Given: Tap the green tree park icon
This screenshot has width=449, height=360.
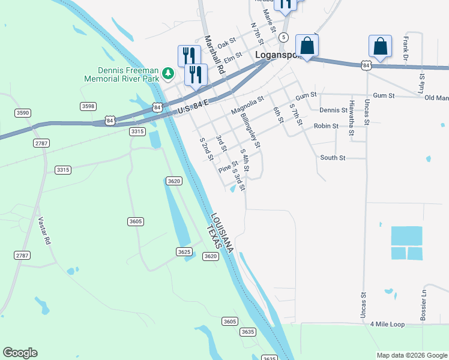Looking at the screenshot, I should click(169, 73).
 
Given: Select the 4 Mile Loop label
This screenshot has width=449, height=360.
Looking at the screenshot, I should click(388, 324).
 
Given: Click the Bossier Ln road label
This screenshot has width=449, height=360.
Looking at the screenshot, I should click(423, 304).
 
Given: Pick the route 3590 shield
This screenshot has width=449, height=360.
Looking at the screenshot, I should click(23, 113).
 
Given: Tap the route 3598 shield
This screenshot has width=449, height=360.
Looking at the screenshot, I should click(88, 106).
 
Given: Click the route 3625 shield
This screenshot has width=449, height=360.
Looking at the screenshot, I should click(184, 251).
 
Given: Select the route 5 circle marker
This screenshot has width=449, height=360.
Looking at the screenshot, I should click(282, 37).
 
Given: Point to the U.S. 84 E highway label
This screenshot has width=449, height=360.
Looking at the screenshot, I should click(193, 108).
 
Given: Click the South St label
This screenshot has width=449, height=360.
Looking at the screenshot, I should click(333, 158).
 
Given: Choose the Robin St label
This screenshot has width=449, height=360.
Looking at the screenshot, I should click(327, 127).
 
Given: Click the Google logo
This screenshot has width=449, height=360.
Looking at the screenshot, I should click(20, 353).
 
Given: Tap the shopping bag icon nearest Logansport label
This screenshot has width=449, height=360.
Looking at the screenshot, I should click(307, 46).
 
